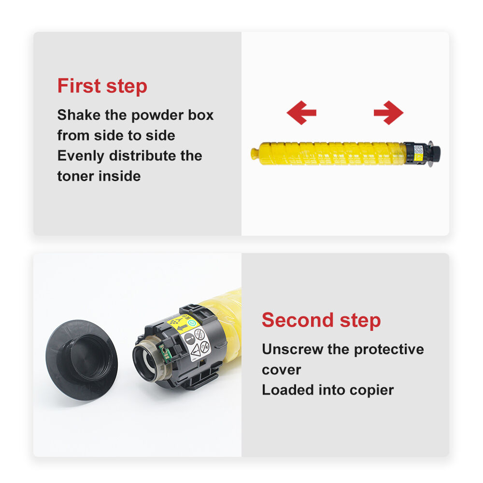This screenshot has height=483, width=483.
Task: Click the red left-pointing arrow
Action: [301, 113]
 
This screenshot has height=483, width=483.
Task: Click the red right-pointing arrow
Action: [388, 113]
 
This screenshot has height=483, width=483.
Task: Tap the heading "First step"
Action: [102, 86]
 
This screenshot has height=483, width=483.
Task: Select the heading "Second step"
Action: [321, 320]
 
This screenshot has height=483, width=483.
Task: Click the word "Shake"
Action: [79, 115]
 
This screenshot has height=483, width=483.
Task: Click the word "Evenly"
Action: [81, 156]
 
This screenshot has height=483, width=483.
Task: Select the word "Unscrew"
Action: [293, 349]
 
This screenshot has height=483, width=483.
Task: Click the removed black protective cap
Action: [82, 360]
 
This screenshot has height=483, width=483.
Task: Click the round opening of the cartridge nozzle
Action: [147, 360]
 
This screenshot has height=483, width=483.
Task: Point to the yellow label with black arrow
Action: [182, 323]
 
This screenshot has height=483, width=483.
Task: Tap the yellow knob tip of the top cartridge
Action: [255, 154]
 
